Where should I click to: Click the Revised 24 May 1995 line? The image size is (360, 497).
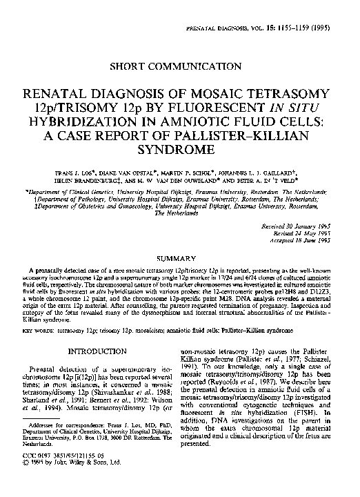click(306, 232)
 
